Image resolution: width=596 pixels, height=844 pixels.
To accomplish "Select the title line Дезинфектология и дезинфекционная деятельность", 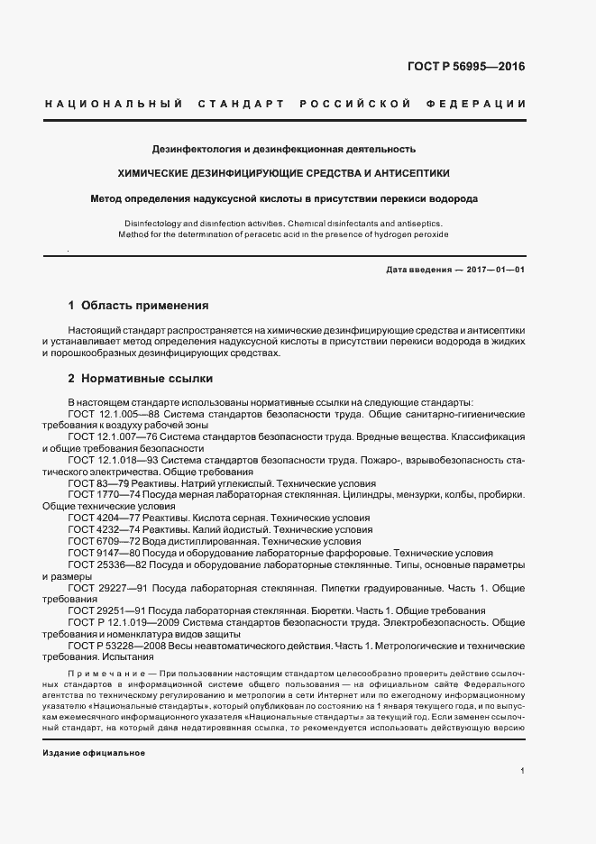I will (283, 148).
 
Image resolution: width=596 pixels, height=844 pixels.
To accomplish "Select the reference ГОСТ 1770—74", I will (101, 495).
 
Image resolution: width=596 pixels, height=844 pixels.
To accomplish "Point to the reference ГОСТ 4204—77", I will (101, 518).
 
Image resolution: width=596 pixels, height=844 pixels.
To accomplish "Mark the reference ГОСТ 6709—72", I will (101, 541).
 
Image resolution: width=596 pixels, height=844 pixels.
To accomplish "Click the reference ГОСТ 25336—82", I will (104, 564).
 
